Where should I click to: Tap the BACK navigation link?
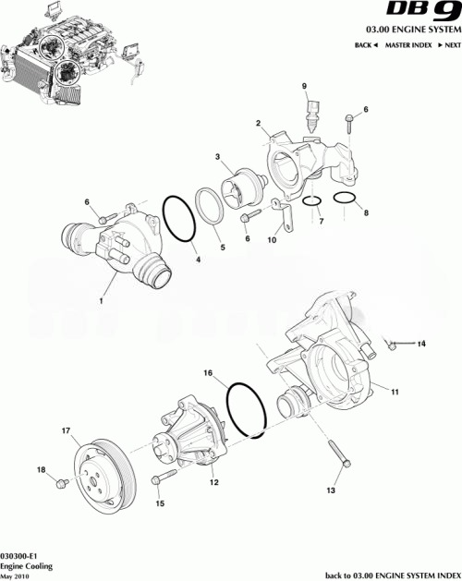[x=366, y=45]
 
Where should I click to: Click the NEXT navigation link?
[x=447, y=45]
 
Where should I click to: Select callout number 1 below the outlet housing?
[x=102, y=300]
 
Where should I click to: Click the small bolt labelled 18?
[x=61, y=483]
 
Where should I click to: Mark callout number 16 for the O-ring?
[x=208, y=374]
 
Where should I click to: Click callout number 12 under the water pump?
[x=213, y=481]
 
